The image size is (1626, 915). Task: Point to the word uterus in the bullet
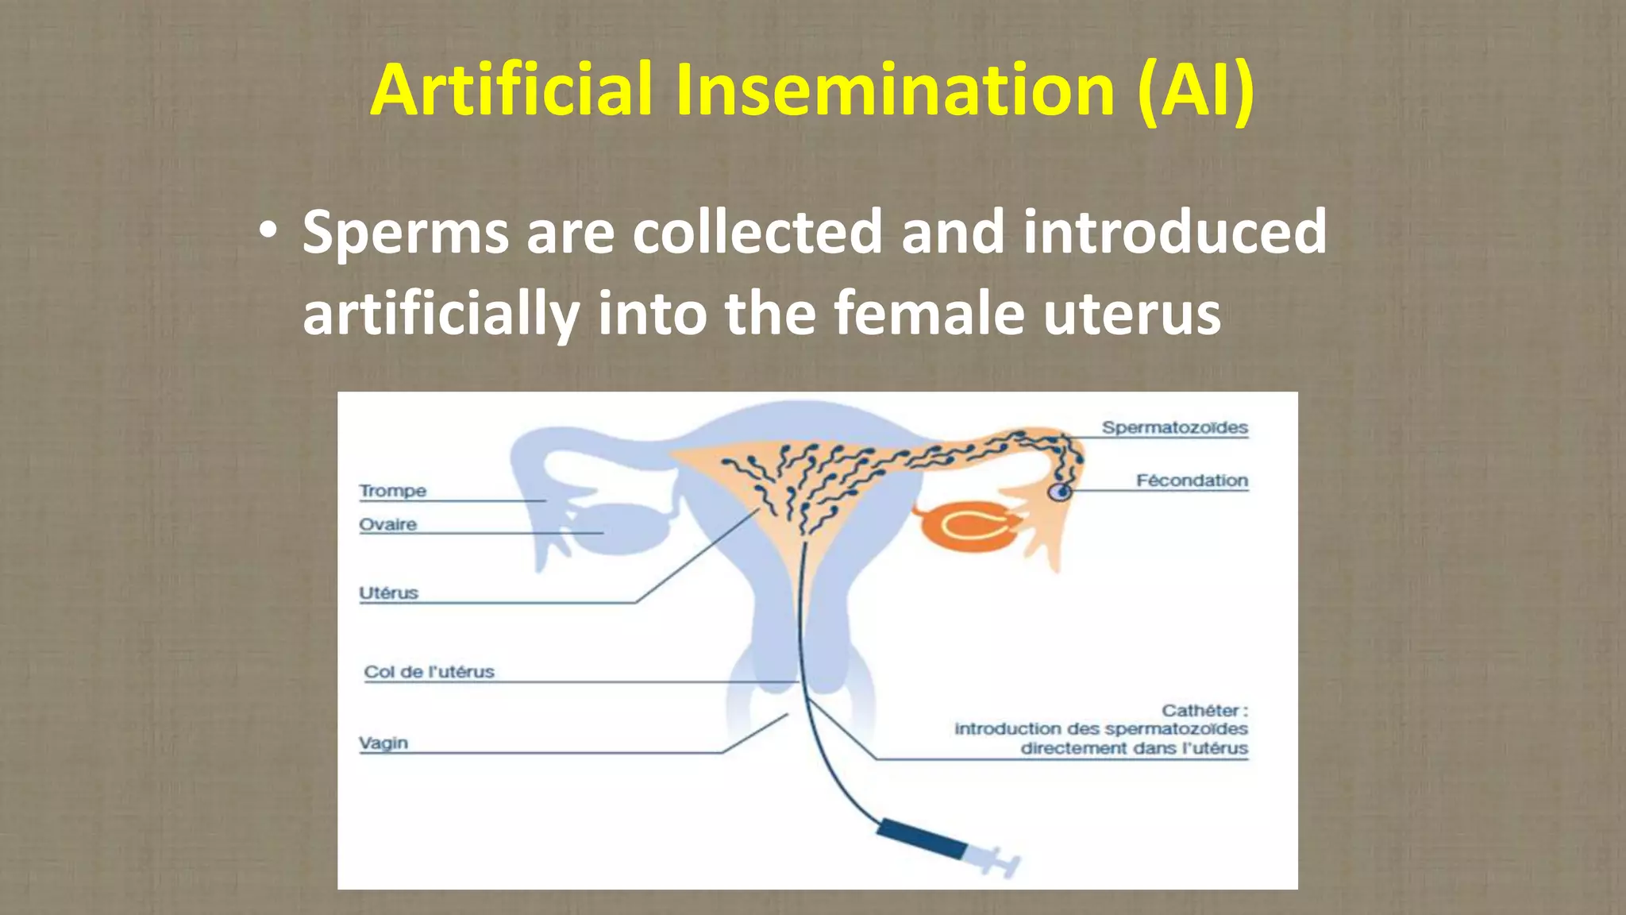[1131, 313]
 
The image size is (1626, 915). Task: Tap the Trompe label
[392, 491]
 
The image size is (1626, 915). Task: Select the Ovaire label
[387, 524]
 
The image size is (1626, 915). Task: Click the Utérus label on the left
[388, 593]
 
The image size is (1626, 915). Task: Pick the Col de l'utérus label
[429, 672]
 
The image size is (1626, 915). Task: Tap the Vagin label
[383, 743]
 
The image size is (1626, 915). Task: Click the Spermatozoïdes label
[1174, 427]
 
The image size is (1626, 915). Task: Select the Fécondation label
[1192, 481]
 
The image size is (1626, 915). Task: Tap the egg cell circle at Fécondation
[1060, 492]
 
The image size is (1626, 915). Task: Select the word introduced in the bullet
[1175, 232]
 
